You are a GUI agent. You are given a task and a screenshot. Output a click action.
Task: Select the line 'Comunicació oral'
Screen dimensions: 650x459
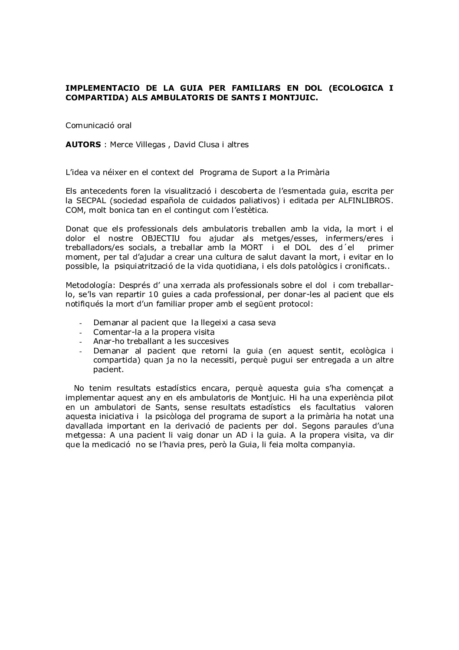(x=98, y=125)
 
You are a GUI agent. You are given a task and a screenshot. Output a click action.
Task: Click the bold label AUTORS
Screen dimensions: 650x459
(x=83, y=145)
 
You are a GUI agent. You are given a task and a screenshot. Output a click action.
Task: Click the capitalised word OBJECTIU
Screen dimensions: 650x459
(x=161, y=238)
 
